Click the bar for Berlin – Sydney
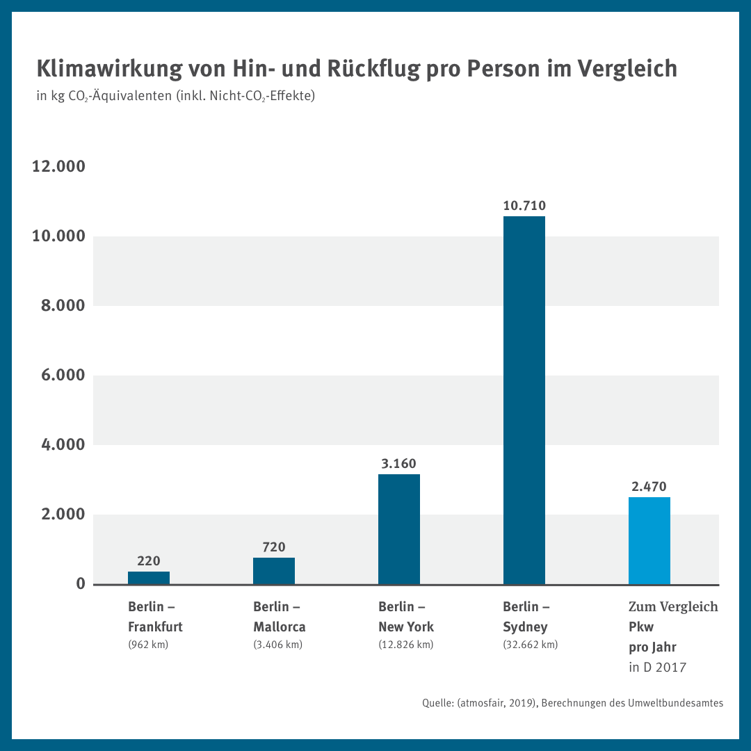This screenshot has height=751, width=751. coord(524,400)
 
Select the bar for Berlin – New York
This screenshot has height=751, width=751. coord(398,529)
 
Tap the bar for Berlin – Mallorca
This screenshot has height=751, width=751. coord(273,571)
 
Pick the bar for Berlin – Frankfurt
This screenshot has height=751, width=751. coord(148,578)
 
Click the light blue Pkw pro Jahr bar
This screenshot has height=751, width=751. coord(649,540)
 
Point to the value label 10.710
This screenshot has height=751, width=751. coord(524,205)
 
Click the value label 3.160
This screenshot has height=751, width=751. coord(398,463)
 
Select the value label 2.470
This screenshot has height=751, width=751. coord(649,486)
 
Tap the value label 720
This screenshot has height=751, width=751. coord(273,547)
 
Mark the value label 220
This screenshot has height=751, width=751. coord(148,560)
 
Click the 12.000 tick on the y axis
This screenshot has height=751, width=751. coord(58,167)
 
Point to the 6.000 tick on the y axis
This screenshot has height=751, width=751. coord(58,375)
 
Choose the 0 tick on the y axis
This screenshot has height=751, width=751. coord(81,584)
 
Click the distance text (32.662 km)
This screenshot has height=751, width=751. coord(530,645)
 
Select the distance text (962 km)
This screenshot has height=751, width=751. coord(148,645)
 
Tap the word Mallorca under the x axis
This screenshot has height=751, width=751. coord(279,627)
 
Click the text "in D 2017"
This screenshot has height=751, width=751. coord(657,668)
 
